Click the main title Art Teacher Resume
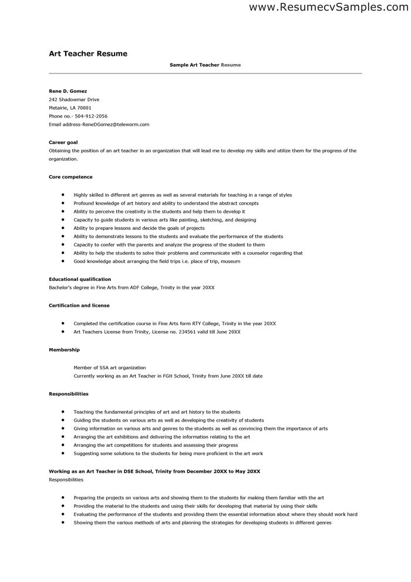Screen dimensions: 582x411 tap(88, 53)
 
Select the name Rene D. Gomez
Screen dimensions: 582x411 tap(68, 91)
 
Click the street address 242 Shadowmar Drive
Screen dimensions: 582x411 tap(74, 99)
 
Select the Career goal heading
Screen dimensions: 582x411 tap(63, 142)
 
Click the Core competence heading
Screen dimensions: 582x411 tap(70, 176)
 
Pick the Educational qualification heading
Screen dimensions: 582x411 tap(80, 279)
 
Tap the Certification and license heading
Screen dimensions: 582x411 tap(79, 305)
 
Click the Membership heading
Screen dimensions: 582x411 tap(64, 349)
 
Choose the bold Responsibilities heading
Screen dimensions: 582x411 tap(68, 393)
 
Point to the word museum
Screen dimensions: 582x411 tap(231, 261)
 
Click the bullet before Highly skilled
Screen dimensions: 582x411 tap(62, 195)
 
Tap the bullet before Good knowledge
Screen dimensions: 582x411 tap(62, 261)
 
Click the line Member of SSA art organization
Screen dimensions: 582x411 tap(109, 367)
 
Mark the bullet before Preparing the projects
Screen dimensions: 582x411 tap(62, 497)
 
